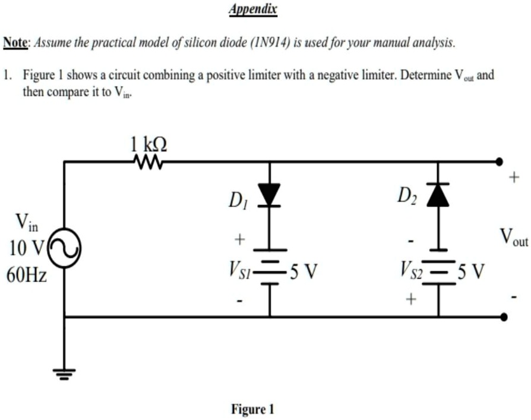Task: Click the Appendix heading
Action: pyautogui.click(x=252, y=10)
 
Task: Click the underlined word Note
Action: pyautogui.click(x=17, y=43)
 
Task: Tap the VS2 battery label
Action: pyautogui.click(x=410, y=273)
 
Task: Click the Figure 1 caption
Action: pyautogui.click(x=252, y=409)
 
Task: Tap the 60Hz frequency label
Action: pyautogui.click(x=27, y=275)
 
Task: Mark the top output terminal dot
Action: pyautogui.click(x=500, y=161)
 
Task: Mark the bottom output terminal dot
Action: pyautogui.click(x=504, y=317)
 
